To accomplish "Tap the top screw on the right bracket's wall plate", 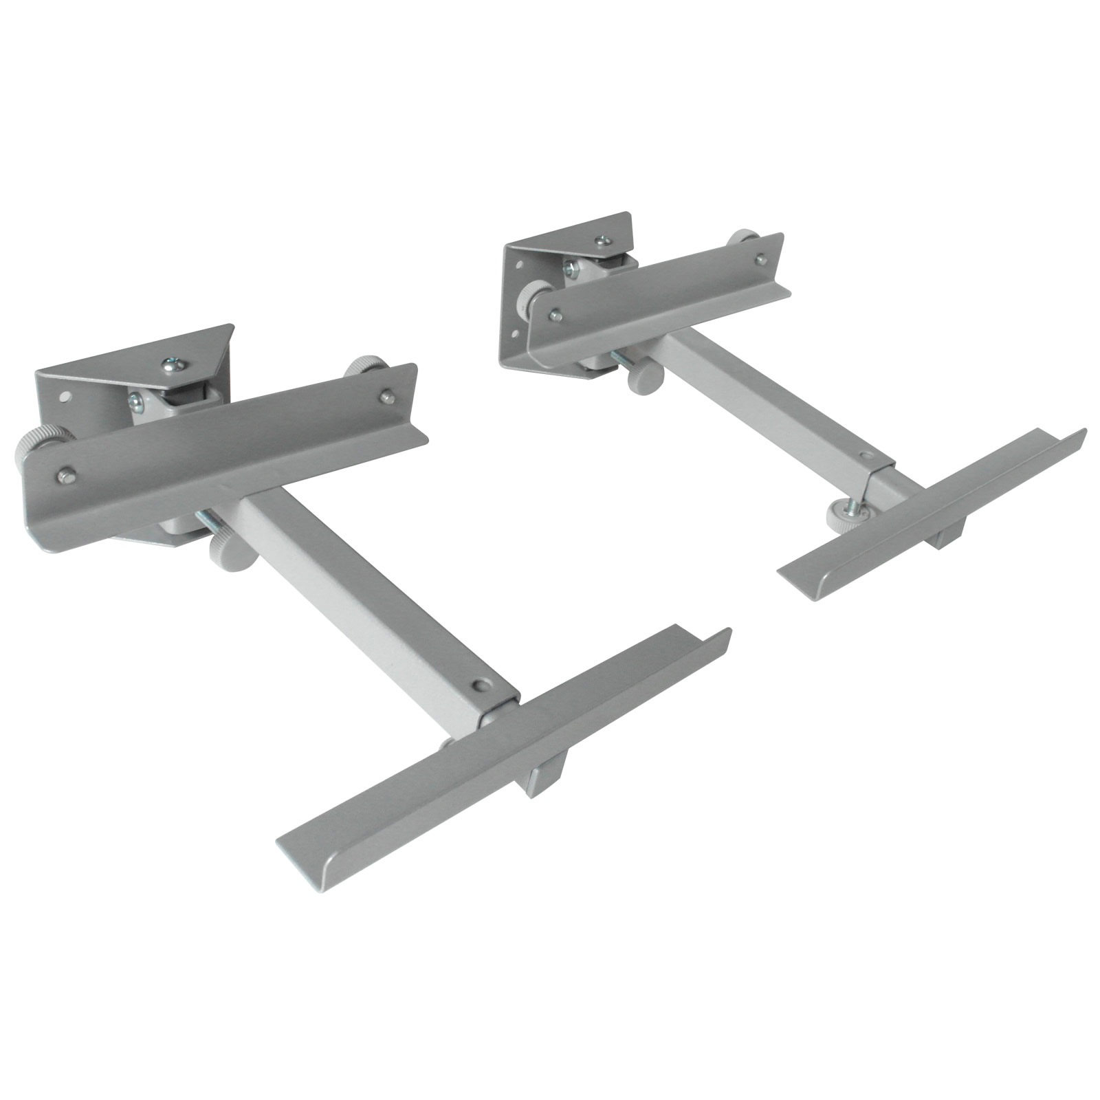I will [602, 240].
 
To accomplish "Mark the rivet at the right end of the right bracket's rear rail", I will [760, 258].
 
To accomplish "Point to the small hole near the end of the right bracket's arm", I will [865, 456].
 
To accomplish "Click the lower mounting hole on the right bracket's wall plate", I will [513, 337].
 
